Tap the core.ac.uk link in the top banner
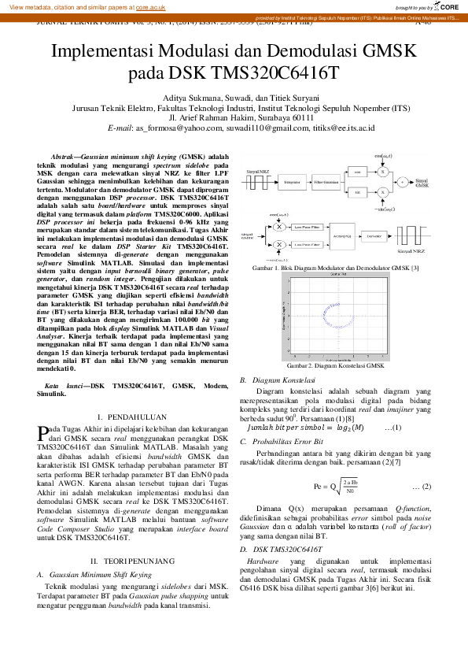coord(148,6)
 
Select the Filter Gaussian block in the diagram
coord(326,181)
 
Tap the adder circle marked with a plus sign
coord(402,181)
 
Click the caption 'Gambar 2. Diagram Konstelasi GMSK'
coord(335,366)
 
